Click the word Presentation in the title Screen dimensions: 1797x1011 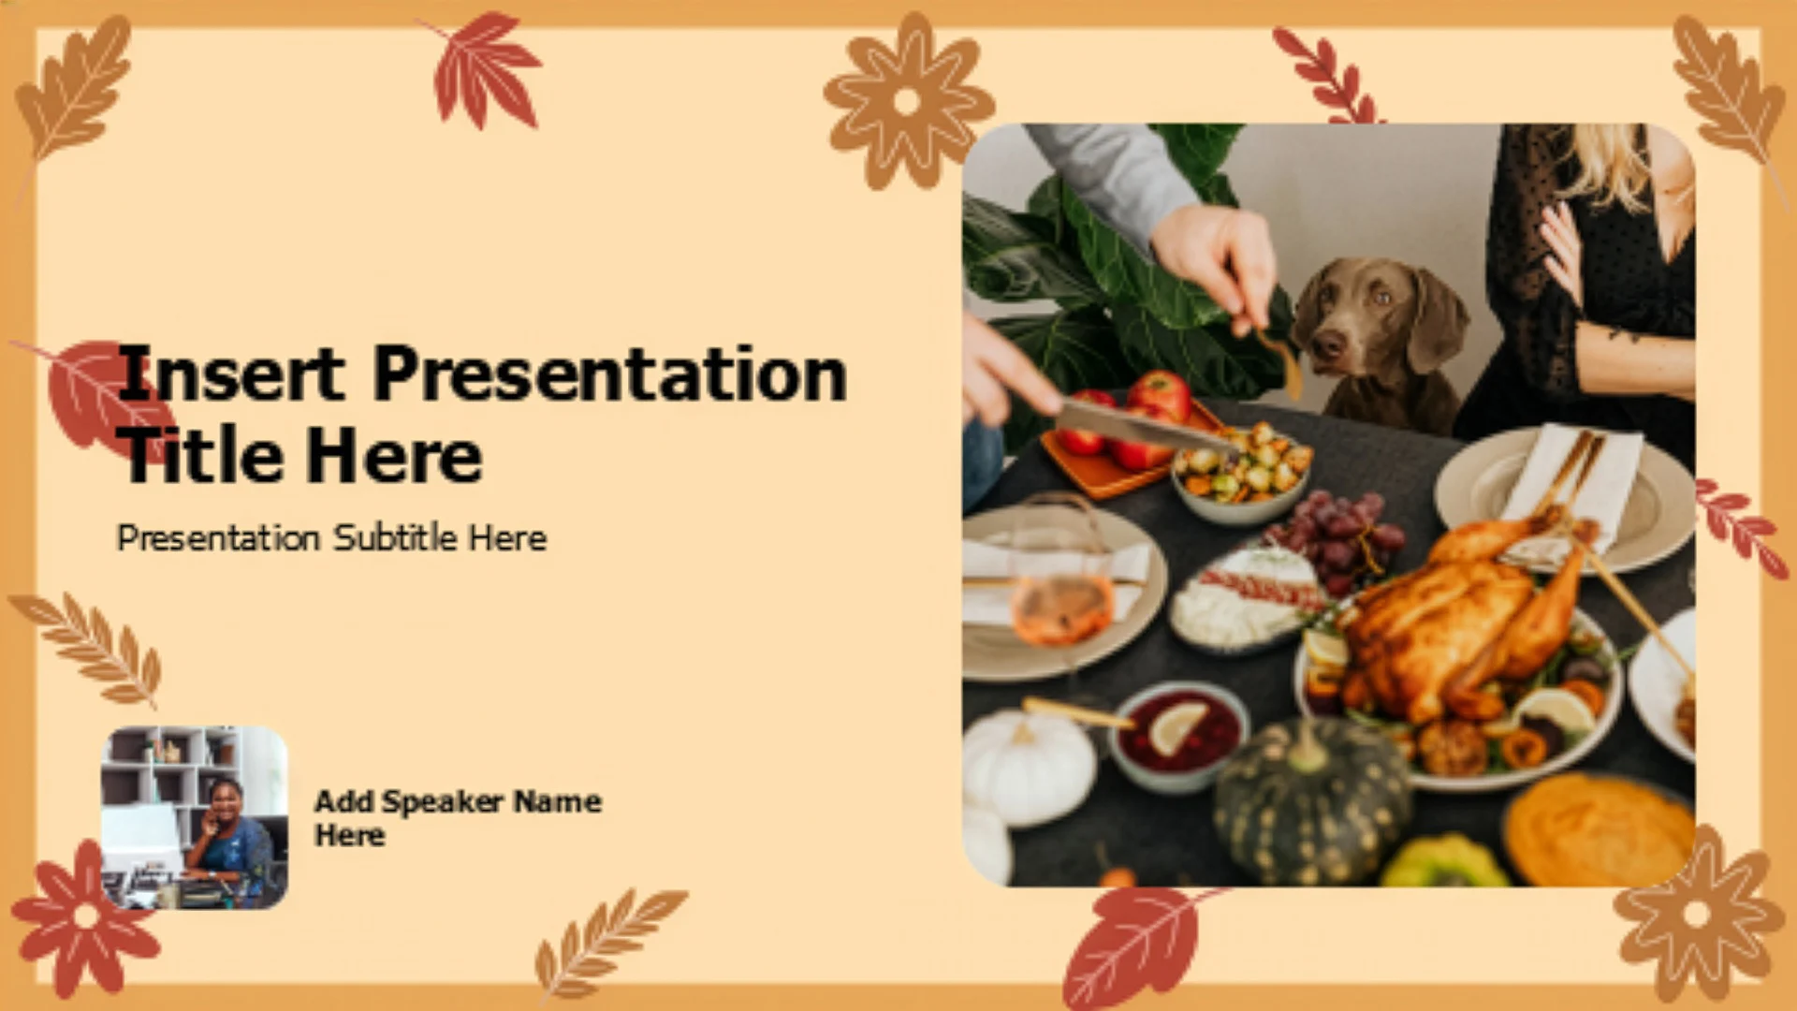point(610,374)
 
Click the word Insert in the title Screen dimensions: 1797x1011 point(231,374)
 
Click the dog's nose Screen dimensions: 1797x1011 point(1327,346)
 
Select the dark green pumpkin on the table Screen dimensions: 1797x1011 point(1310,800)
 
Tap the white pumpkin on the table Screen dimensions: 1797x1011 point(1027,768)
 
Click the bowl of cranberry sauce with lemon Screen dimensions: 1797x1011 point(1179,735)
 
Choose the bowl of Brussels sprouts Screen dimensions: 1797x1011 point(1241,473)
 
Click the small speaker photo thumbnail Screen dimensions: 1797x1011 point(195,817)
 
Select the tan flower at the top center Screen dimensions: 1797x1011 point(907,101)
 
